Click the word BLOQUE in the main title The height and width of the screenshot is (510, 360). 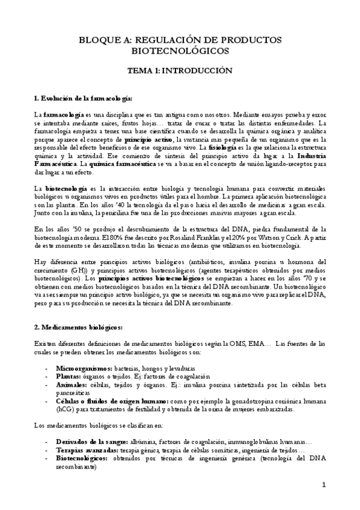[x=100, y=40]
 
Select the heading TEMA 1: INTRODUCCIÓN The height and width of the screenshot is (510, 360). [x=180, y=70]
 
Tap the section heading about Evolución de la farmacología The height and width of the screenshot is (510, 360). [x=83, y=98]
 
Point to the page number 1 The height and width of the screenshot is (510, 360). [x=323, y=485]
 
